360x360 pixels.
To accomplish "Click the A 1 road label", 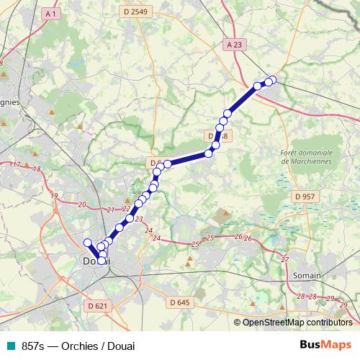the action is (50, 14).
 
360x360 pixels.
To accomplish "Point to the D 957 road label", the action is (305, 197).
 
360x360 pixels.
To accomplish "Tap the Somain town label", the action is (307, 275).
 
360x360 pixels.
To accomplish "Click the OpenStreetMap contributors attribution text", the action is (297, 323).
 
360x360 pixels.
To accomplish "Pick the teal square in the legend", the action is (10, 346).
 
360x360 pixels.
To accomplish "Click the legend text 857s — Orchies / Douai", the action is (78, 346).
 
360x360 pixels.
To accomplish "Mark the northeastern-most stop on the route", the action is (271, 80).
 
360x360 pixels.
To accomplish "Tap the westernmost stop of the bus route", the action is (88, 243).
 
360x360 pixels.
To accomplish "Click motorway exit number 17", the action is (16, 165).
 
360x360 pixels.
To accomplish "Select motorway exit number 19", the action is (54, 196).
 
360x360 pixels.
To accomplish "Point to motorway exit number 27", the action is (285, 259).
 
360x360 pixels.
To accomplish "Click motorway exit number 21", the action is (110, 210).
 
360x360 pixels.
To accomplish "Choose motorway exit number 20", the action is (81, 205).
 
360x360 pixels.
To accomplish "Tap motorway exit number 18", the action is (36, 169).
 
